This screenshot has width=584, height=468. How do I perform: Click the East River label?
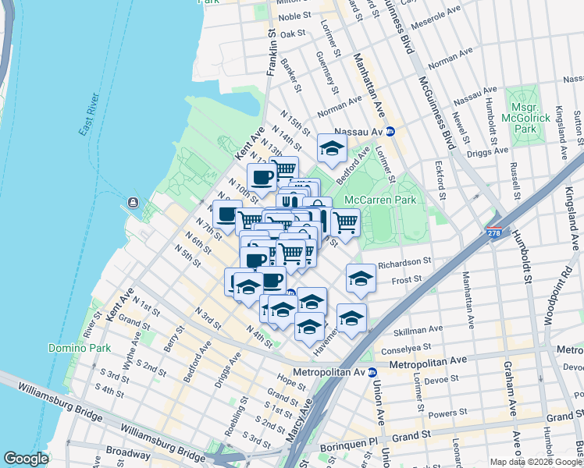tap(91, 115)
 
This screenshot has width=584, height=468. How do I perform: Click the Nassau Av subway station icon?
tap(390, 132)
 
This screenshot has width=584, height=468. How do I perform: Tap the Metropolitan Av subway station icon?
tap(373, 372)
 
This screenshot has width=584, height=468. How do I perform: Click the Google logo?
tap(26, 459)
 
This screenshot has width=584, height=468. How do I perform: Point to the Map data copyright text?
tap(535, 462)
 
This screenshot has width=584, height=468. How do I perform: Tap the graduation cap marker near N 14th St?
tap(332, 147)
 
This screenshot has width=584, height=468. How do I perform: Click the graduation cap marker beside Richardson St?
tap(361, 278)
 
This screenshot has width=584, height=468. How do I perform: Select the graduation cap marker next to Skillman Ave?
tap(352, 317)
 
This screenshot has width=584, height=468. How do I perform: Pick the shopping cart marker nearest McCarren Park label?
tap(345, 222)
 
